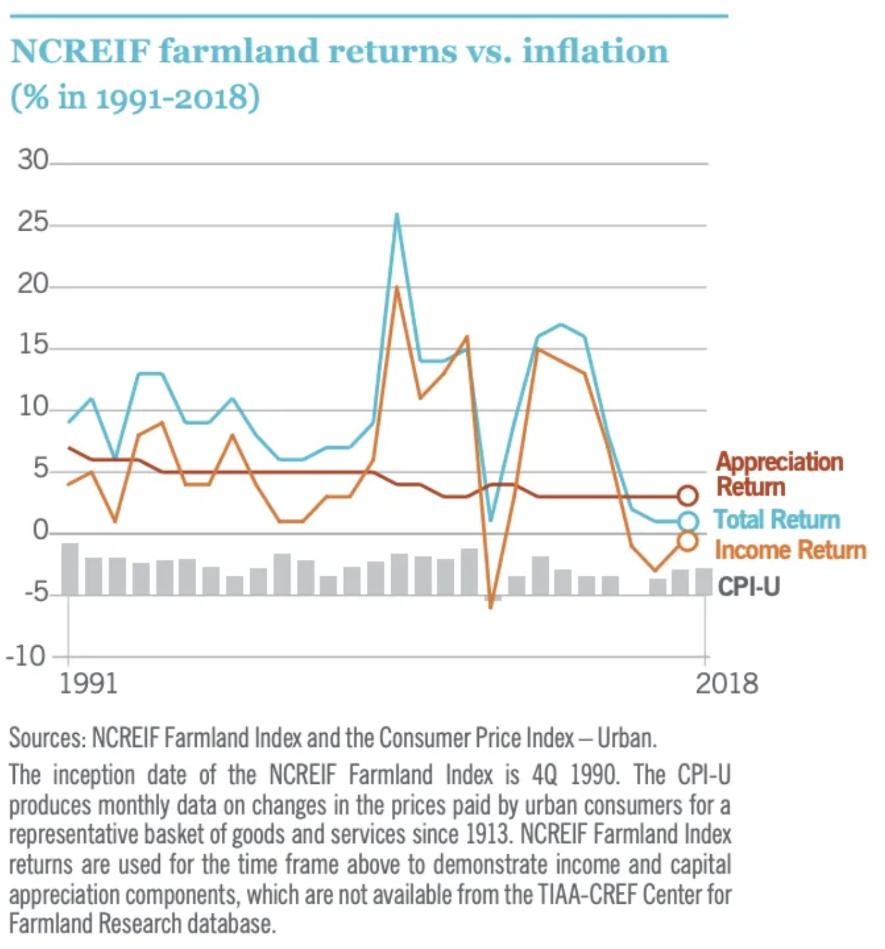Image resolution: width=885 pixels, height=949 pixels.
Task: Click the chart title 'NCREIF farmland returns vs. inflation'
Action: point(339,51)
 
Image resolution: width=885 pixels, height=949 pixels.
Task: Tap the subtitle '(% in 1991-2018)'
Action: point(135,97)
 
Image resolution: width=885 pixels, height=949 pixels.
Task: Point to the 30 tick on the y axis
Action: point(33,160)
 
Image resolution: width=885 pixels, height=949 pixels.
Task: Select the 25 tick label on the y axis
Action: point(33,222)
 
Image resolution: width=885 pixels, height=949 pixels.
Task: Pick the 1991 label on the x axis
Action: point(88,683)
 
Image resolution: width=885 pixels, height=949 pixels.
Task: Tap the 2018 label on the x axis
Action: point(726,683)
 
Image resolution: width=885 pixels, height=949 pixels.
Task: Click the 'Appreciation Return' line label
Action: point(779,474)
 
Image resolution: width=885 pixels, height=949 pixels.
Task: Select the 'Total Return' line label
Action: point(776,519)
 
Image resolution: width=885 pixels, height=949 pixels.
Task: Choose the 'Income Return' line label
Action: point(790,550)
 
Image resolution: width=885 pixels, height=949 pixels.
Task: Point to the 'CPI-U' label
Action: point(748,587)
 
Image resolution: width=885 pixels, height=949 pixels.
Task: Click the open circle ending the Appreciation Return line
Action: point(688,495)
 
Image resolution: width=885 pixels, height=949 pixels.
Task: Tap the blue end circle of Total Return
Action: point(688,522)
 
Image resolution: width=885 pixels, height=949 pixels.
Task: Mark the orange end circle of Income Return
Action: point(687,541)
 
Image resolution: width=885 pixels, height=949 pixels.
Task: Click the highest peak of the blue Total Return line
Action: point(397,215)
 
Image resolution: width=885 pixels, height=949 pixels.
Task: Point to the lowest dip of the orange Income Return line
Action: point(491,607)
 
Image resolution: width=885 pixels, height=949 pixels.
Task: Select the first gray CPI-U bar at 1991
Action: point(70,569)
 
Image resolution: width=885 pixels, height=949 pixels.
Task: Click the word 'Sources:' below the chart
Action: point(48,738)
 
